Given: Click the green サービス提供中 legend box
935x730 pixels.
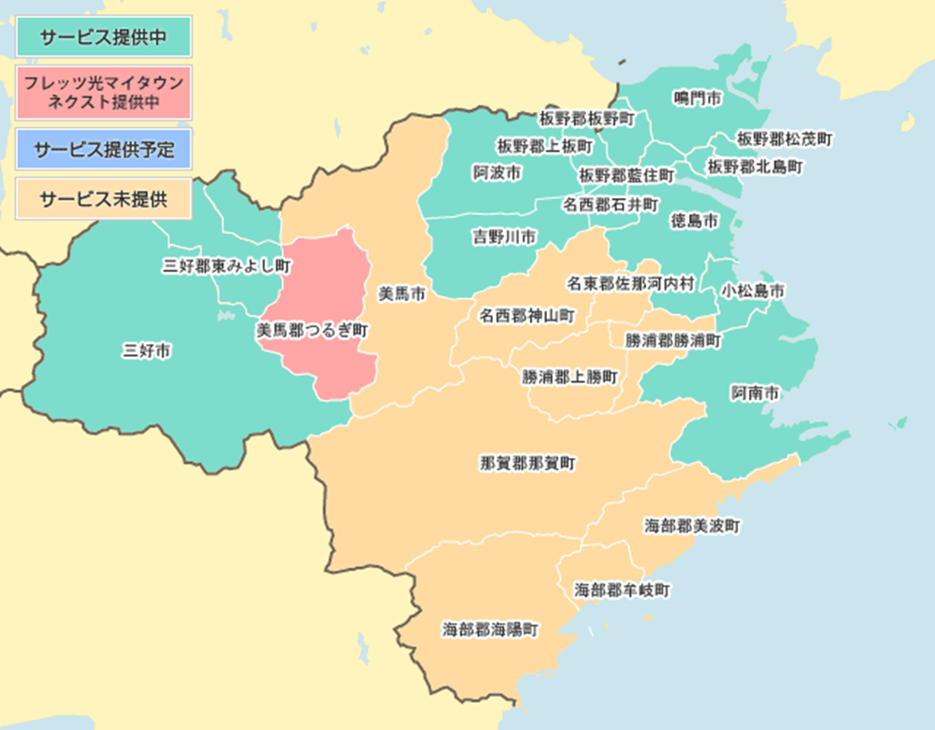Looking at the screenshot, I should click(x=104, y=36).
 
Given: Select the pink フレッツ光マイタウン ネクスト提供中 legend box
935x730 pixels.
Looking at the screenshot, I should click(x=104, y=92).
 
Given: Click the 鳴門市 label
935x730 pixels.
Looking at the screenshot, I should click(x=698, y=97).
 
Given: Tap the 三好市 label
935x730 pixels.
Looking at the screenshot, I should click(x=147, y=351).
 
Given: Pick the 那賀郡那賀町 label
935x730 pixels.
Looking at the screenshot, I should click(x=527, y=463).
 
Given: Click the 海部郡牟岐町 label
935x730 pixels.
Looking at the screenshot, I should click(x=622, y=591).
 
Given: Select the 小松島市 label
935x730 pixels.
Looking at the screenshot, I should click(x=752, y=291).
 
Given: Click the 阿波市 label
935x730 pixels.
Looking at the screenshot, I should click(x=496, y=174).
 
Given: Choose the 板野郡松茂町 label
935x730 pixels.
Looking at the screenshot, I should click(x=784, y=138).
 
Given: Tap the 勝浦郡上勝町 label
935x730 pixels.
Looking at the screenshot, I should click(x=569, y=377).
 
